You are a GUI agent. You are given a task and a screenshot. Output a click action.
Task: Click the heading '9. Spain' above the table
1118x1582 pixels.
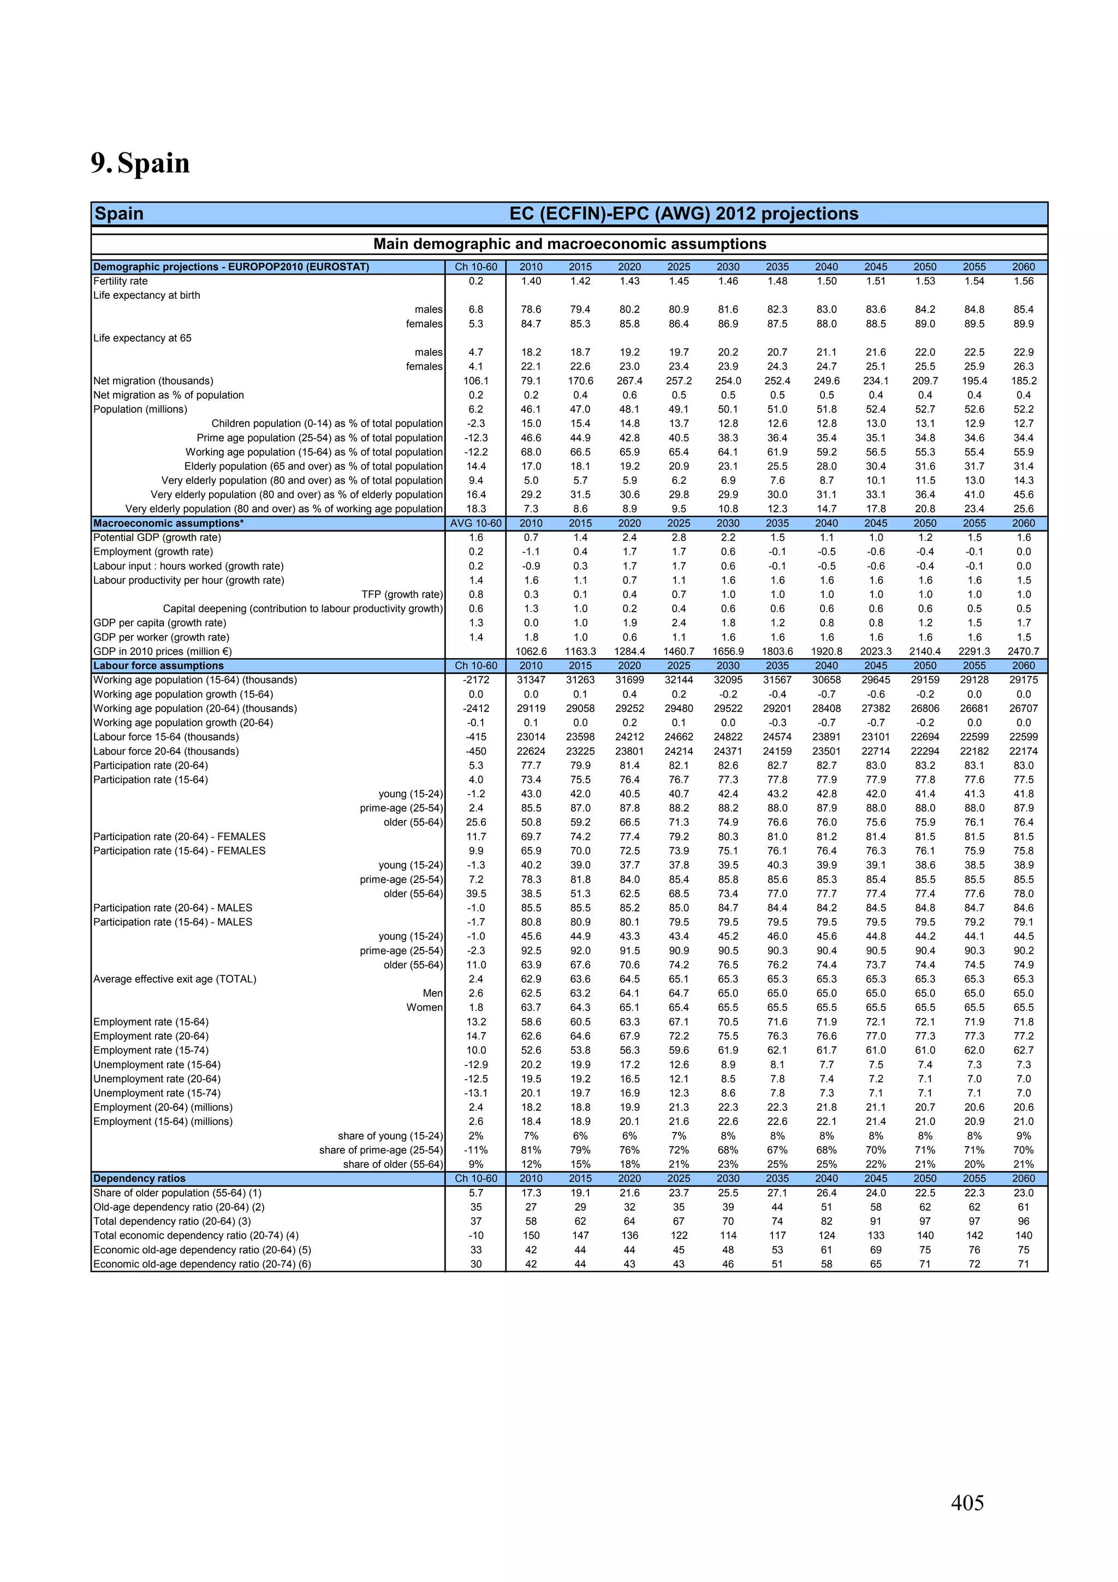click(140, 163)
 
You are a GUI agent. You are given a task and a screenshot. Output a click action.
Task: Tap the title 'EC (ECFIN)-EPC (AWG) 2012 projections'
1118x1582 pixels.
click(683, 214)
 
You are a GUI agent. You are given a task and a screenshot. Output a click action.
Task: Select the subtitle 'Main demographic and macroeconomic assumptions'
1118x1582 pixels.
click(569, 244)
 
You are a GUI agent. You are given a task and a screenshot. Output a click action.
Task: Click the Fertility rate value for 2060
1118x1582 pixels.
click(1023, 281)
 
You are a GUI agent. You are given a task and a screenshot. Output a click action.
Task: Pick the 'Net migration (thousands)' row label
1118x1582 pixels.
click(153, 381)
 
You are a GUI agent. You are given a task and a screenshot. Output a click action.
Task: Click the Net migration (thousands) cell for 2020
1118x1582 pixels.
click(629, 381)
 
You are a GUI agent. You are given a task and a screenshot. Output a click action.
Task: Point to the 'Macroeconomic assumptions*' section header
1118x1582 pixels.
click(168, 523)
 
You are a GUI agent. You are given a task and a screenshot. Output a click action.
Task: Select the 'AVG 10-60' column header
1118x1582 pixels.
click(475, 523)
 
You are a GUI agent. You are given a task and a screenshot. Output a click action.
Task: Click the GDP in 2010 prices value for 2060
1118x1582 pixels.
click(1023, 651)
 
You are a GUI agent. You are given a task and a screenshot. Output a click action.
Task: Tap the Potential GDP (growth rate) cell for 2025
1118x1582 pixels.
click(679, 537)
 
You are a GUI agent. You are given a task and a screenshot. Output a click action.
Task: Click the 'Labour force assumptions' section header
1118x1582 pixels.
click(158, 666)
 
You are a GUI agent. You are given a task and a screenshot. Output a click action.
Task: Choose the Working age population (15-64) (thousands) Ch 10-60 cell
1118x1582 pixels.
click(475, 680)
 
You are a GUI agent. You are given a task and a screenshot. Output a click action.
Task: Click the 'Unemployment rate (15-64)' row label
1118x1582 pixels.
click(157, 1064)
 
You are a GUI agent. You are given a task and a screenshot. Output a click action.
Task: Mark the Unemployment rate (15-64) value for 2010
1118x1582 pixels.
click(531, 1064)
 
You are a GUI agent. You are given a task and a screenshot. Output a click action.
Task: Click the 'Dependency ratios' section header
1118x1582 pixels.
click(139, 1178)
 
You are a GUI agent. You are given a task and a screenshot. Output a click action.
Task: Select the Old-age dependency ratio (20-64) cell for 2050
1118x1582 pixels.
click(924, 1207)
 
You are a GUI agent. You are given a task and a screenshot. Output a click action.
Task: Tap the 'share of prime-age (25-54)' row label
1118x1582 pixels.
click(380, 1150)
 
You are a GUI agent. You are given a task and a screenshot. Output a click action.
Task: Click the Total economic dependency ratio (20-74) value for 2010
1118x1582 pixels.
click(531, 1235)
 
